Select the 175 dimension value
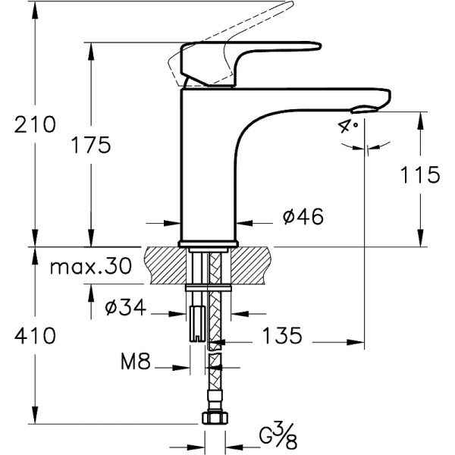pos(91,144)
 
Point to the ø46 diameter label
pos(303,217)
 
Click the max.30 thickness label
pos(89,266)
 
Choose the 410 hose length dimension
pos(35,334)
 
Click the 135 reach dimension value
pos(282,334)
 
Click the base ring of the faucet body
pos(208,243)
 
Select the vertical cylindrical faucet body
pos(206,167)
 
